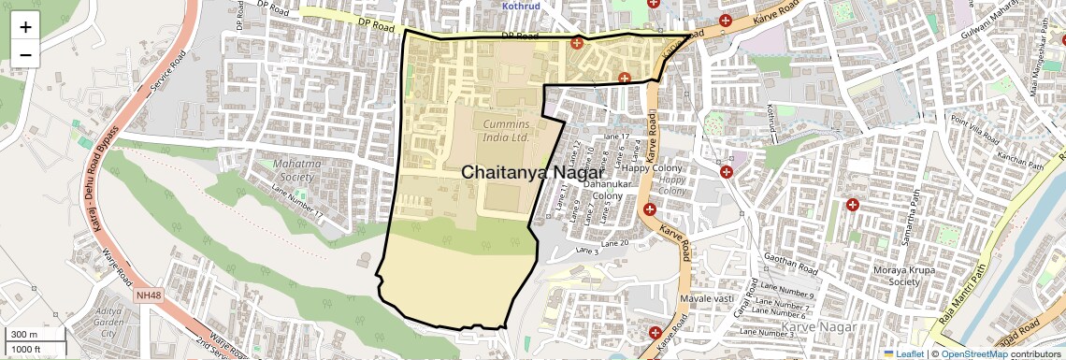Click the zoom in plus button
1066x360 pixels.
[x=25, y=26]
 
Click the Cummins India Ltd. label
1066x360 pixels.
[x=507, y=130]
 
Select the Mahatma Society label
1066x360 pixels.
[x=295, y=169]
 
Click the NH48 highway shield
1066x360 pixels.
[x=148, y=295]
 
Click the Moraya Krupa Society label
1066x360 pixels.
[x=897, y=275]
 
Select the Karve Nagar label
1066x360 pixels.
[x=813, y=326]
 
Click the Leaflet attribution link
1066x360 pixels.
[x=903, y=353]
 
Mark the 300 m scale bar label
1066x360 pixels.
[x=23, y=335]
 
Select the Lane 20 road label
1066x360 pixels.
[x=614, y=243]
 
